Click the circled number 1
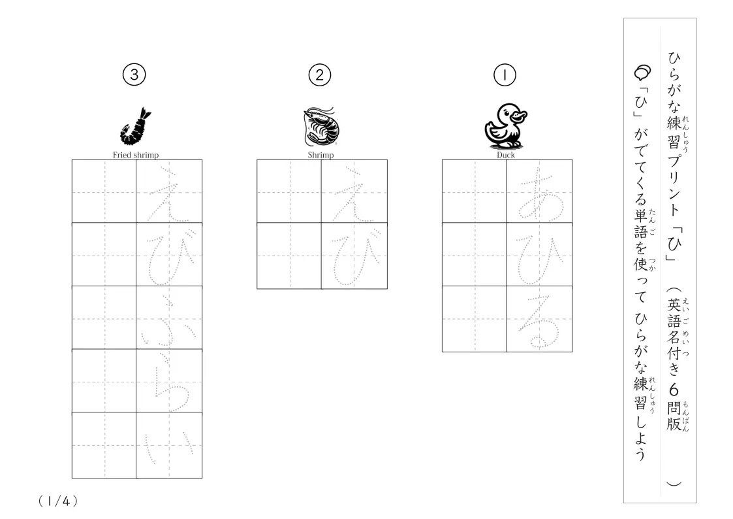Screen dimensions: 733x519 coord(505,75)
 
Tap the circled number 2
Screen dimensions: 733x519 coord(320,75)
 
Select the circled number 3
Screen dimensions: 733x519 coord(134,75)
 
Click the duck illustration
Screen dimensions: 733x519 coord(505,126)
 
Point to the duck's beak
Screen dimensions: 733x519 coord(520,115)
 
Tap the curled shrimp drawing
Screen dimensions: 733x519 coord(320,126)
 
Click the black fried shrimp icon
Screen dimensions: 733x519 coord(136,126)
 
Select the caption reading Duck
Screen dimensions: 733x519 coord(505,155)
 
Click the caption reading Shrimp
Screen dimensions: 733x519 coord(320,155)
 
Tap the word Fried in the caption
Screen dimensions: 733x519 coord(121,155)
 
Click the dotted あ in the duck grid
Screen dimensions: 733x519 coord(539,193)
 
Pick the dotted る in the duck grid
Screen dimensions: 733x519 coord(539,321)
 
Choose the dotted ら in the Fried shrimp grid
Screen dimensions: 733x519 coord(169,382)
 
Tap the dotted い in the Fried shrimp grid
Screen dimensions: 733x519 coord(169,447)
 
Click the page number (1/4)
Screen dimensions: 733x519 coord(58,501)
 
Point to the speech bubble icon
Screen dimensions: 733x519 coord(642,73)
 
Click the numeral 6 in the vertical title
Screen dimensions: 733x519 coord(674,390)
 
